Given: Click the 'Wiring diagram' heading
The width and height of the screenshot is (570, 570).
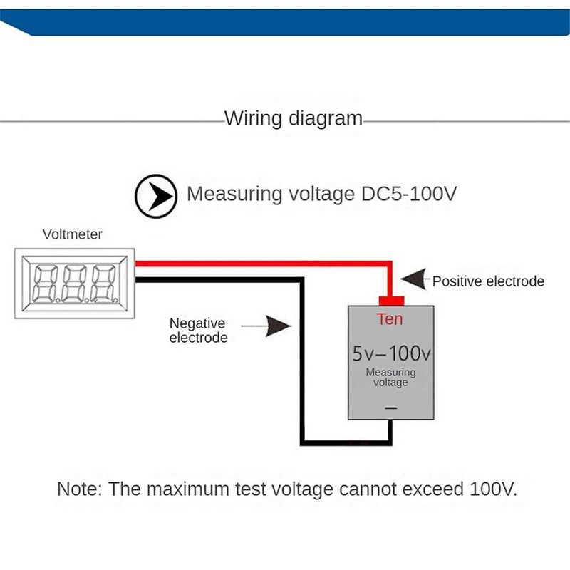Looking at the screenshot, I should point(294,118).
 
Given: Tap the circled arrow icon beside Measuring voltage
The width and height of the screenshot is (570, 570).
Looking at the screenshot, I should point(156,195).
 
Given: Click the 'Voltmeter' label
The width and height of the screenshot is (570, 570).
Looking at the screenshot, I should point(73,234).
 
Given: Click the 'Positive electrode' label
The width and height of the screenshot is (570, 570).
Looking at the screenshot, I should point(488,281).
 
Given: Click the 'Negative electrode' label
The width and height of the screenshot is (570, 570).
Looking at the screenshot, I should point(198,331).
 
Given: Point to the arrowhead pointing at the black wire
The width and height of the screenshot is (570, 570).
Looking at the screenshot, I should point(278,326).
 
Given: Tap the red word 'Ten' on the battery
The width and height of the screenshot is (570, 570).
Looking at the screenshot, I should point(390,319).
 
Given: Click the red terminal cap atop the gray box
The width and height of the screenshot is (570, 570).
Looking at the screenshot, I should point(390,300).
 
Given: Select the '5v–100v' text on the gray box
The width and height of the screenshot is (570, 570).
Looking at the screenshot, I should point(390,353).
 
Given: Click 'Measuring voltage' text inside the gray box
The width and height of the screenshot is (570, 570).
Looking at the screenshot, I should point(390,378).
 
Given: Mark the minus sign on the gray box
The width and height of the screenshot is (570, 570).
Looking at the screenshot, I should point(390,408).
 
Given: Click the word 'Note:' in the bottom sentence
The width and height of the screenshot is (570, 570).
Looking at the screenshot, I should point(79,489).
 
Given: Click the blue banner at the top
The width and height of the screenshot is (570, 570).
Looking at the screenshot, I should point(285,21).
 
